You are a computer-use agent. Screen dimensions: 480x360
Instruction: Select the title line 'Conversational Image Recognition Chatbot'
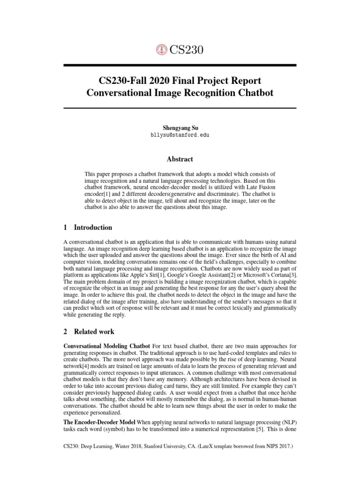180,92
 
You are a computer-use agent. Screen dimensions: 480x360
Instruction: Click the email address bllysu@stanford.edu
180,135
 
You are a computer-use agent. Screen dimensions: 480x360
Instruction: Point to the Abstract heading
180,159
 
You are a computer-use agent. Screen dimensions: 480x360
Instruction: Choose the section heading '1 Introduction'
88,227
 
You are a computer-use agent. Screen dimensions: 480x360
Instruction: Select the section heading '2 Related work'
89,332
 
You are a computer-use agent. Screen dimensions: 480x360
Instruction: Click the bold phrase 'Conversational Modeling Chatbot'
107,345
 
